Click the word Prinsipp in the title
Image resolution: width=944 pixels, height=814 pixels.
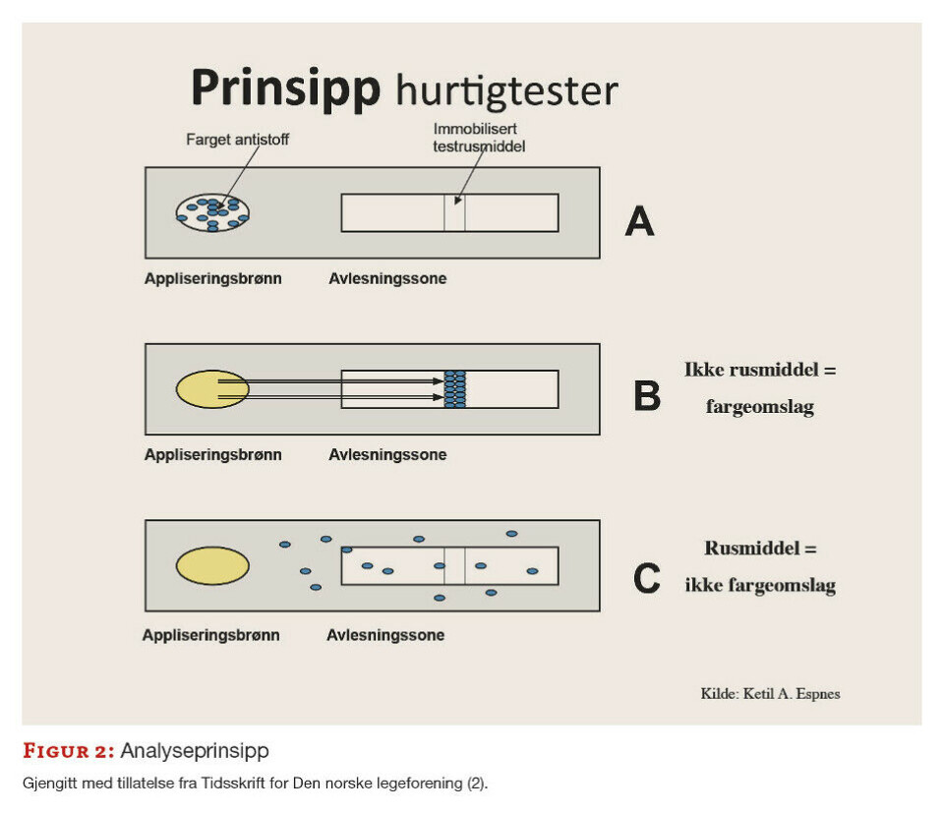click(285, 88)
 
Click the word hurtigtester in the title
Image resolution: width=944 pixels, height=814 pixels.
click(506, 91)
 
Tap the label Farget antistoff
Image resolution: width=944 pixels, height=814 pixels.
click(238, 140)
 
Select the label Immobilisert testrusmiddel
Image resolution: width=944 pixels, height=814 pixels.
click(478, 138)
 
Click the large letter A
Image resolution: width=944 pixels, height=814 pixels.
click(640, 222)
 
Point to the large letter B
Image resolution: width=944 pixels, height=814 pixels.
click(647, 395)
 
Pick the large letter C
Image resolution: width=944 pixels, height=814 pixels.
click(647, 578)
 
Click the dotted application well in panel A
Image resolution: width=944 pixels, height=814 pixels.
click(212, 211)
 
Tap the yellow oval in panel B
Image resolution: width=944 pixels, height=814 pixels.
click(212, 389)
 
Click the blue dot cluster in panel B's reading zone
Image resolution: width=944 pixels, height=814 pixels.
click(454, 389)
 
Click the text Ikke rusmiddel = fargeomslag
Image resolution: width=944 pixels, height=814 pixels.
click(760, 388)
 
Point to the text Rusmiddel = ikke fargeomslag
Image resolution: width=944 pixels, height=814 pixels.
click(760, 567)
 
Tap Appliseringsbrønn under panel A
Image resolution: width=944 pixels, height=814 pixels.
click(212, 278)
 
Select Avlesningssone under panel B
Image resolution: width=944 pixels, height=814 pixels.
click(387, 455)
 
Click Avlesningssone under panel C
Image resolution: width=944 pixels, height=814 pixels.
click(385, 635)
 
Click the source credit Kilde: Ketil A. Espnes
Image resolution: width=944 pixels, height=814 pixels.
click(770, 693)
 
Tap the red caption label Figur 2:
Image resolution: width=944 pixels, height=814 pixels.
click(68, 751)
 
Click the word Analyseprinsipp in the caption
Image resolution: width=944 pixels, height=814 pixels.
click(195, 751)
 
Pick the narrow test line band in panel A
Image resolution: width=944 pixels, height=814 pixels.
click(454, 212)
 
